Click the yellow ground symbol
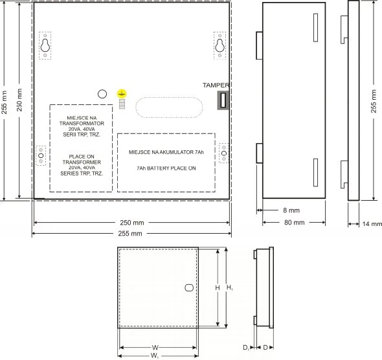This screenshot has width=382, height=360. [x=122, y=93]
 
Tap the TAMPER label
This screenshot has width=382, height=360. [x=216, y=85]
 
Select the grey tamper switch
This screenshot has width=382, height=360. [x=223, y=100]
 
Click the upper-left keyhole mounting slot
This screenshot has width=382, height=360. [x=45, y=45]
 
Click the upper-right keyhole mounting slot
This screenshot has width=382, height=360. [x=219, y=45]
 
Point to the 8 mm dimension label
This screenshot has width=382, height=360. [x=291, y=210]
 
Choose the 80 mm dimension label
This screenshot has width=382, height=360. [x=295, y=222]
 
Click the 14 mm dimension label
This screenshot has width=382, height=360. [x=372, y=224]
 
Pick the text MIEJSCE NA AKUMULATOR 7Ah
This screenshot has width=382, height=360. [x=166, y=152]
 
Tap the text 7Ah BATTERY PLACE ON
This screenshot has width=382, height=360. [x=166, y=168]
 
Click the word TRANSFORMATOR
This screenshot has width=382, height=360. [x=82, y=124]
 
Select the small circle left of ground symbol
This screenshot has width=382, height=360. [x=102, y=94]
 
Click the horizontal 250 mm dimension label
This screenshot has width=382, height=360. [x=132, y=223]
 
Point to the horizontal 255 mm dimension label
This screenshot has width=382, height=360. [x=130, y=234]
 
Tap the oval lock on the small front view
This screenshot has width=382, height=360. [x=189, y=287]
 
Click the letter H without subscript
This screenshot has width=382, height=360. [x=218, y=288]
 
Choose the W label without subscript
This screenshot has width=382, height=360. [x=155, y=348]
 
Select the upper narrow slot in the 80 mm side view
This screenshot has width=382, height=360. [x=315, y=28]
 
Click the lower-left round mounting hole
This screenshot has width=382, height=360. [x=41, y=155]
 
